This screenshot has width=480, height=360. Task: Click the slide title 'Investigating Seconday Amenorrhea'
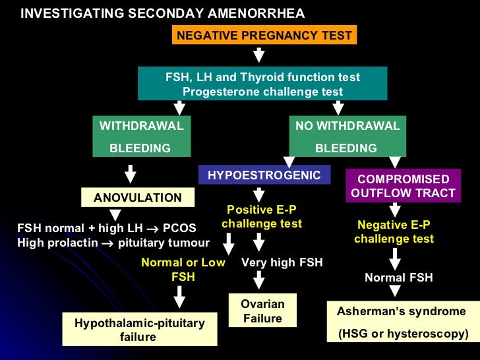pos(163,14)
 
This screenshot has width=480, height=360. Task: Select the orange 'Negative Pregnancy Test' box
pos(264,35)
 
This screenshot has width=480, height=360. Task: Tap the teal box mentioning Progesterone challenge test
pos(262,84)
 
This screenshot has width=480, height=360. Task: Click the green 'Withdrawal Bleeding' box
pos(140,137)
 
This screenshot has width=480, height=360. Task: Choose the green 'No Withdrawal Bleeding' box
pos(347,137)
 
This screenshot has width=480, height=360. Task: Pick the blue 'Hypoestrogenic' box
pos(264,175)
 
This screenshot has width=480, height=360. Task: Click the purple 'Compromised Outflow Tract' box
pos(403,186)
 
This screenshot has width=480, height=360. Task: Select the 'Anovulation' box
pos(138,197)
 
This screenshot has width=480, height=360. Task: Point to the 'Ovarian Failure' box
pos(262,311)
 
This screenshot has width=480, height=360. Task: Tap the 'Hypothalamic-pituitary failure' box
pos(139,330)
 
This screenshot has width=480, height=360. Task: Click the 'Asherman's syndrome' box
pos(402,322)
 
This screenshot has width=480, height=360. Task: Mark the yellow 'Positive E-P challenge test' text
pos(262,216)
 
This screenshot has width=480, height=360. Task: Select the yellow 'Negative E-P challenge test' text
pos(394,231)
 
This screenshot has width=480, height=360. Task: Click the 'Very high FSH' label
pos(282,262)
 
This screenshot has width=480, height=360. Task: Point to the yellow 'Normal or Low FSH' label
pos(183,270)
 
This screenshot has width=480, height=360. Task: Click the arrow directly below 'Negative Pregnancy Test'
pos(259,55)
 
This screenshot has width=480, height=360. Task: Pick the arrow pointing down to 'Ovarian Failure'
pos(259,281)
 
